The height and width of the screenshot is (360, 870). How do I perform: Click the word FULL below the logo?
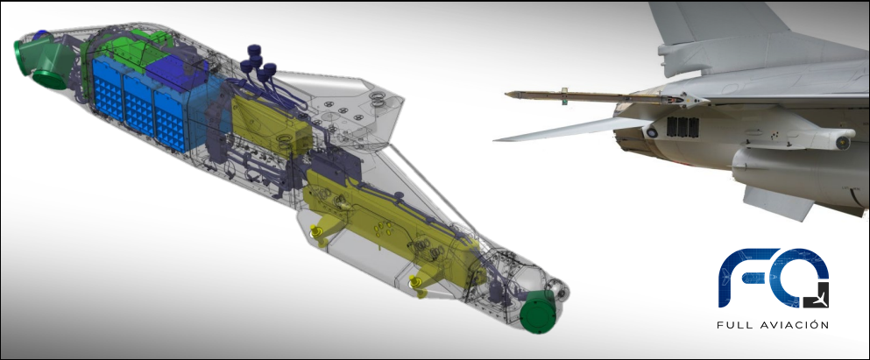(x=736, y=325)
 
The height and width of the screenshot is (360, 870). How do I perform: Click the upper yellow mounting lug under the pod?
(x=318, y=232)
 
